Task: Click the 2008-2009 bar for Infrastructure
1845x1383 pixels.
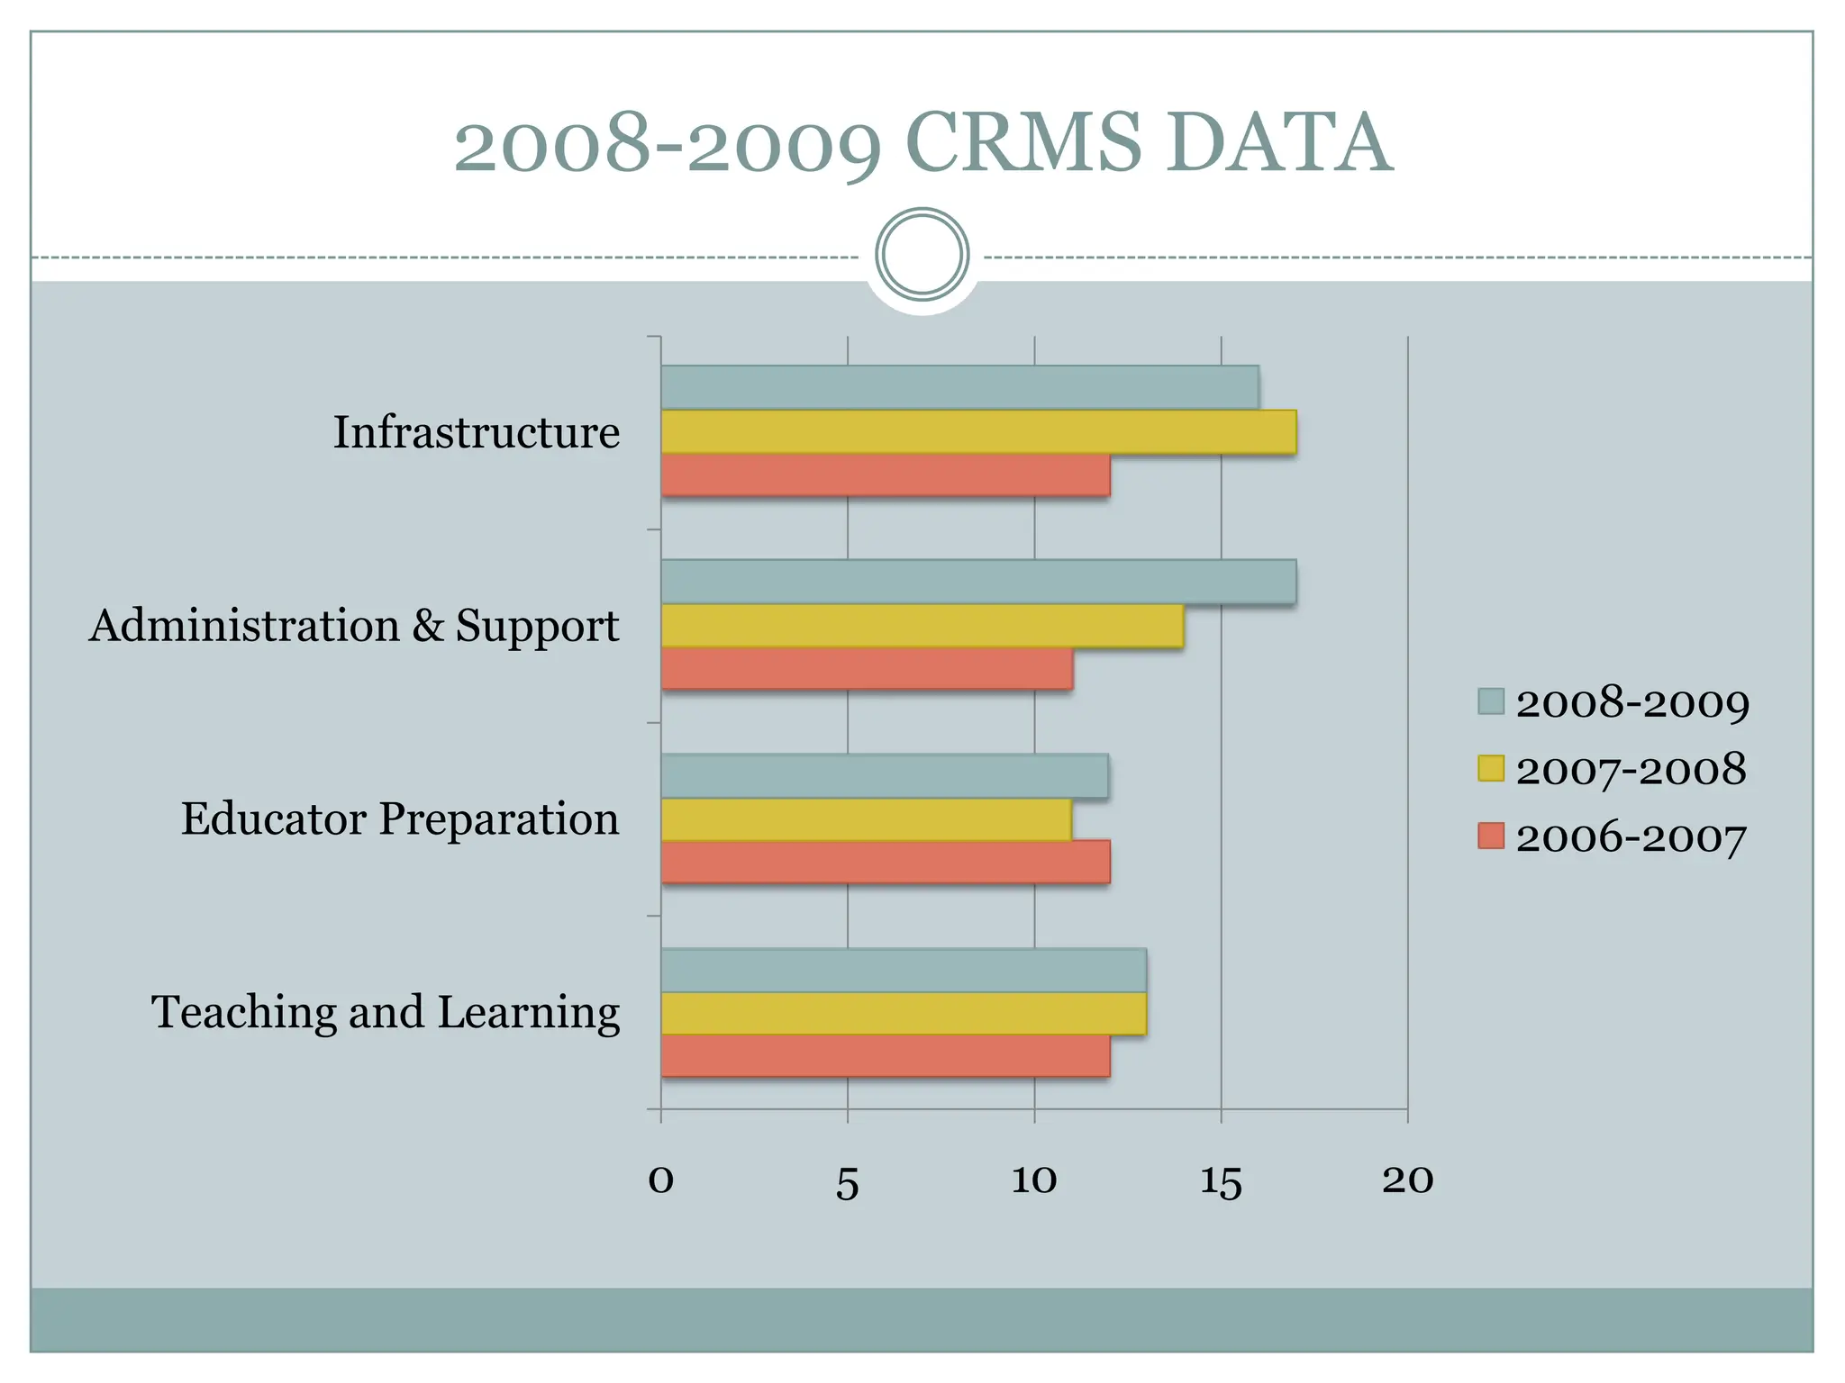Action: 959,387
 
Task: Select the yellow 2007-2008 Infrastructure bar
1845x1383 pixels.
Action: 978,431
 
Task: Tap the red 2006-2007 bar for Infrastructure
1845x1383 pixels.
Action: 885,475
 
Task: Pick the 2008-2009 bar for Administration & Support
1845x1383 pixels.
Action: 978,582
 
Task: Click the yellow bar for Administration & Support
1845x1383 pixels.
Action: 922,626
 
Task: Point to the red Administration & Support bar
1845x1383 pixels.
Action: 867,669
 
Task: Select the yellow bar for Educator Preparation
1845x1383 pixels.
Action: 866,819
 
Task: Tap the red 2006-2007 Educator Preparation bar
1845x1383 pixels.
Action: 885,862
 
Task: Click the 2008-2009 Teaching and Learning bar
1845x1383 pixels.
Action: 903,970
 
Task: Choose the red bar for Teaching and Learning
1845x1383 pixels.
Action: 885,1055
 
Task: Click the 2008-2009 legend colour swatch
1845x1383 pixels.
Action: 1491,701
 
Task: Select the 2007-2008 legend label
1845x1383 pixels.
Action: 1631,770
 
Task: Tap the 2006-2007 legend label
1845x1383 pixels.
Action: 1631,837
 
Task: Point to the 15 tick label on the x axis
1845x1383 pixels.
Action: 1221,1181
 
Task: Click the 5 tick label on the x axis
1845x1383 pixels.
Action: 847,1183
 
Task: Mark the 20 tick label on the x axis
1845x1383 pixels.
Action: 1407,1180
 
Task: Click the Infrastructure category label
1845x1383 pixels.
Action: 477,432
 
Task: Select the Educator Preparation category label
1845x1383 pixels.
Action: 400,819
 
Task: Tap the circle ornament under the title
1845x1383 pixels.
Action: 922,255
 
